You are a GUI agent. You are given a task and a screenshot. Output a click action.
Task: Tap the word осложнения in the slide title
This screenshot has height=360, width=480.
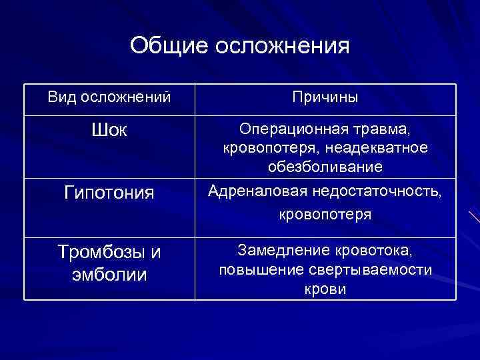(283, 47)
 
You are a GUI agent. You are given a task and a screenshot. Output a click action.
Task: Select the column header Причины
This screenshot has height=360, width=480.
(325, 97)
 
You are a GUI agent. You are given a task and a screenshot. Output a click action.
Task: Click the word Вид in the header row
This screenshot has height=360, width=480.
(62, 97)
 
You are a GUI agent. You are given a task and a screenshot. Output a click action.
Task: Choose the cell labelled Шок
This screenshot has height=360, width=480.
(109, 129)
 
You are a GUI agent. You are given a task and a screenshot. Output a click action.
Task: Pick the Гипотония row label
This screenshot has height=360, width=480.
(109, 193)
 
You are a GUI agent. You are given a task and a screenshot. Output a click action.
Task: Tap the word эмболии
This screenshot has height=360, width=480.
(109, 273)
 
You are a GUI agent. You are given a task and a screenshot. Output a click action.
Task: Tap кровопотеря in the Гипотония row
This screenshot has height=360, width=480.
(325, 215)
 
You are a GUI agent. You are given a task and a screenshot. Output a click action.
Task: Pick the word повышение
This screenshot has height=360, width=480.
(257, 269)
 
